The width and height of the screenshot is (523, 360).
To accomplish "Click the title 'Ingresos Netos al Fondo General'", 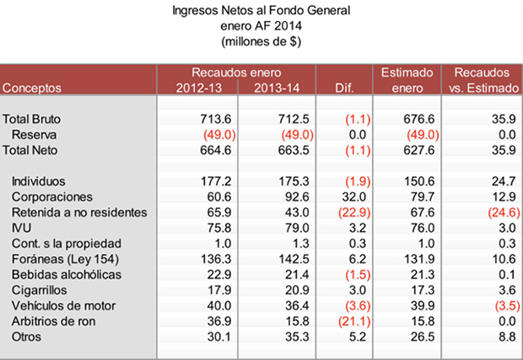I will point(261,12).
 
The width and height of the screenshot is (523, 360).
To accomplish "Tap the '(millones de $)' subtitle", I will point(261,40).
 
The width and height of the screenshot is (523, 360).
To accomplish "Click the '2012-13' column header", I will point(200,87).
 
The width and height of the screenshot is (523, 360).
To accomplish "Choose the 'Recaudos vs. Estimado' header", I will point(483,80).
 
